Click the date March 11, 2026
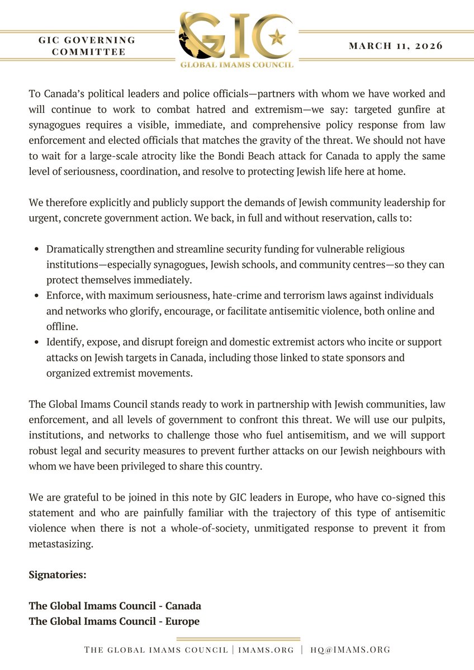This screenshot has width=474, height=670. point(395,46)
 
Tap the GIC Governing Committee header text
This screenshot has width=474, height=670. point(87,46)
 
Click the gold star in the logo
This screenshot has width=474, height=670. point(276,37)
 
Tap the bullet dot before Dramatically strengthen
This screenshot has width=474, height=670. point(36,249)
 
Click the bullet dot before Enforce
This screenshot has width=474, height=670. point(36,295)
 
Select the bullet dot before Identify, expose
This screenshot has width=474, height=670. point(36,342)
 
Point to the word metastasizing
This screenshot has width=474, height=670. point(60,543)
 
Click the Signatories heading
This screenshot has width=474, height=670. point(58,574)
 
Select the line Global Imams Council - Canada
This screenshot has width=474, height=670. point(115,606)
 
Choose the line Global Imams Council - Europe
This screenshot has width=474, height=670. point(113,621)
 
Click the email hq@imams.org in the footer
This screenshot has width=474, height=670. point(350,650)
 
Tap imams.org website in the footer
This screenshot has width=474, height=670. point(262,650)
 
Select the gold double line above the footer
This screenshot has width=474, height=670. point(238,639)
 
